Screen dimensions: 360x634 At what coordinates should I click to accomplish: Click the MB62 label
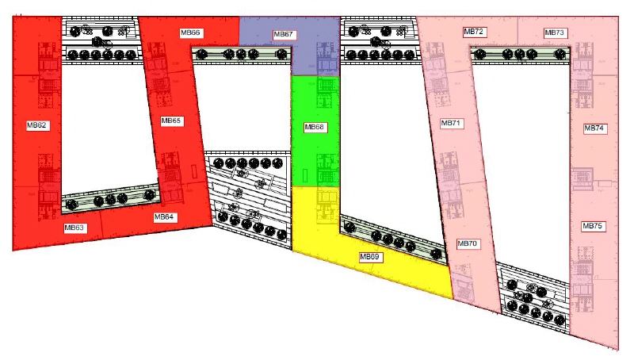tap(38, 125)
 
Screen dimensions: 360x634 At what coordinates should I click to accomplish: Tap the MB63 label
tap(75, 228)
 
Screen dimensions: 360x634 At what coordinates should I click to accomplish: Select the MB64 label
tap(164, 216)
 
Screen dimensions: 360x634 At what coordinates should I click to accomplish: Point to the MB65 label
tap(171, 121)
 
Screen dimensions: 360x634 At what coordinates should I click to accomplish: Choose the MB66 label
tap(190, 33)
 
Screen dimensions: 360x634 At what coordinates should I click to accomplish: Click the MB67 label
tap(284, 35)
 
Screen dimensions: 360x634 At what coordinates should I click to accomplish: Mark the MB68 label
tap(315, 127)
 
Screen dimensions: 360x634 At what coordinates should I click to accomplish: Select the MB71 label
tap(452, 124)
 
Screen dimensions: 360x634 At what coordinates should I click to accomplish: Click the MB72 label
tap(474, 31)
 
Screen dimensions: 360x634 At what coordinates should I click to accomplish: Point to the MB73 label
tap(555, 33)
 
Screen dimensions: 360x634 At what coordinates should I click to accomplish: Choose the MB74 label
tap(594, 128)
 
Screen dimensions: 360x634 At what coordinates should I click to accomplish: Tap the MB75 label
tap(594, 226)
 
